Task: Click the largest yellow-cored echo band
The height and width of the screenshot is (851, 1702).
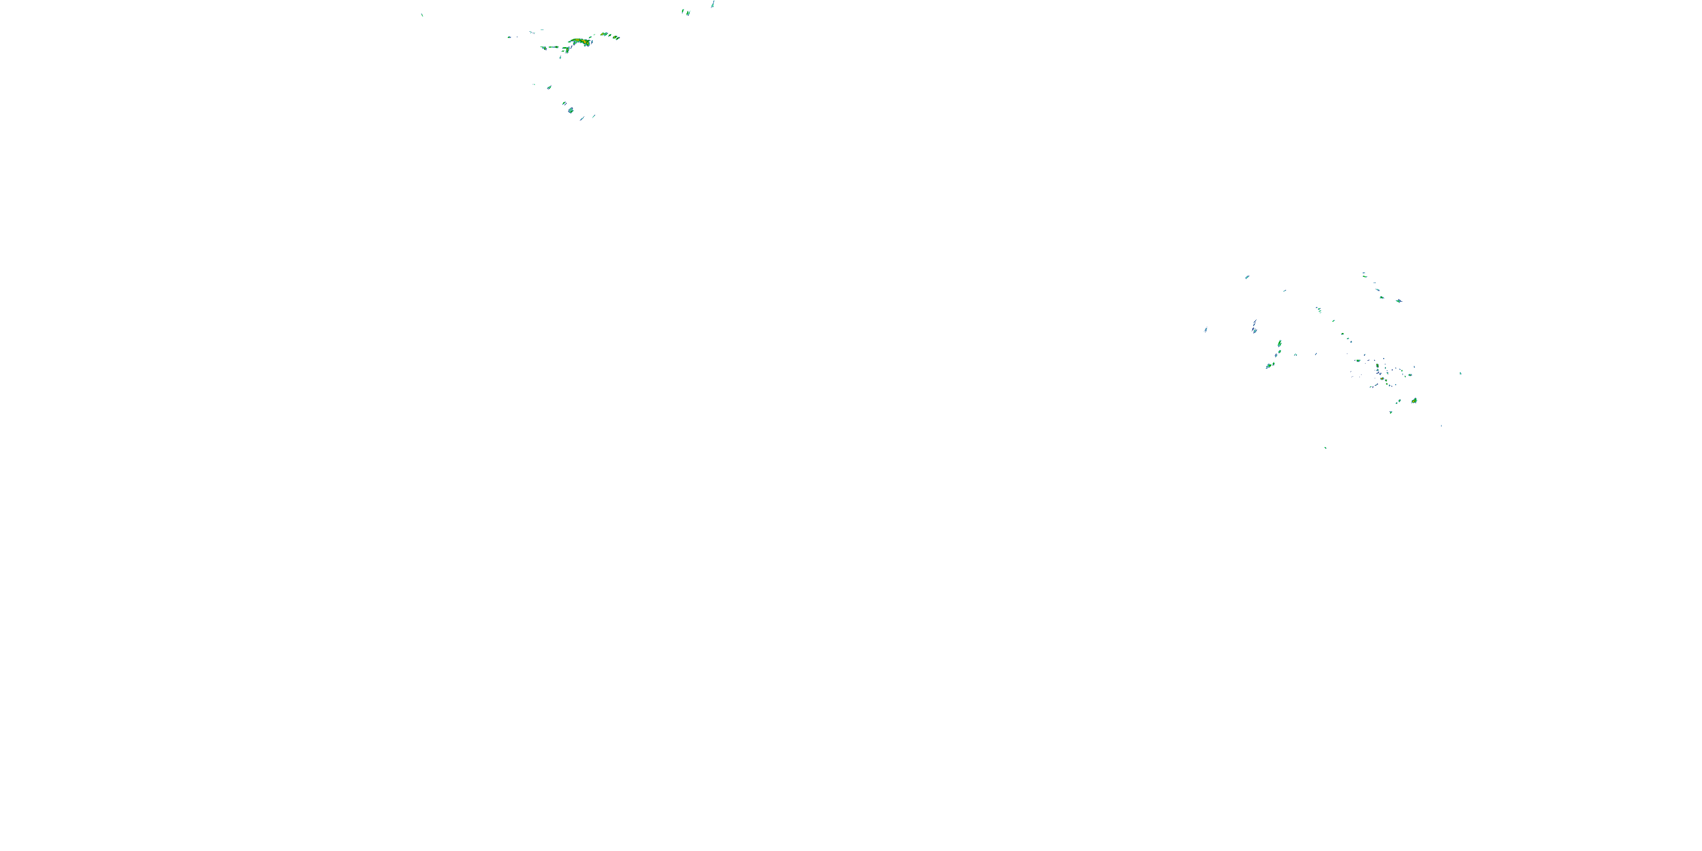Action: pyautogui.click(x=581, y=41)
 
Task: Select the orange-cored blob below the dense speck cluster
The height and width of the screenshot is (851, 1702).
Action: pyautogui.click(x=1414, y=401)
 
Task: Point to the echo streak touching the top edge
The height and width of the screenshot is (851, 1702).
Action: pyautogui.click(x=713, y=4)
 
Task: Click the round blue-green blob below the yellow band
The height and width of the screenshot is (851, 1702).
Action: pyautogui.click(x=571, y=110)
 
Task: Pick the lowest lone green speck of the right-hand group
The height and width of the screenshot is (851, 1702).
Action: pyautogui.click(x=1325, y=449)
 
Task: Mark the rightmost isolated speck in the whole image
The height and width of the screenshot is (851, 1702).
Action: pyautogui.click(x=1461, y=374)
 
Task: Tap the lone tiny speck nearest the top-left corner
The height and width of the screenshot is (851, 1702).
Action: pyautogui.click(x=422, y=15)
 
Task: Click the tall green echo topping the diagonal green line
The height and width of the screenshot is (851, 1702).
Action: pyautogui.click(x=1280, y=344)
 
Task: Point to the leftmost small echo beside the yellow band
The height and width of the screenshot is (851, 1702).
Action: pyautogui.click(x=509, y=37)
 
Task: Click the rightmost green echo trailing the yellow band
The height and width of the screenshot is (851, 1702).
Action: pyautogui.click(x=617, y=37)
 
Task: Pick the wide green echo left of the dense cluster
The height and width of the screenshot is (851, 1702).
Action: pyautogui.click(x=1358, y=361)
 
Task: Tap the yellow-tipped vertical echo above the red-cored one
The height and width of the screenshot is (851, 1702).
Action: pyautogui.click(x=1377, y=366)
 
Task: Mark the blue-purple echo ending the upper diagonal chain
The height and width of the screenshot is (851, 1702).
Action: pyautogui.click(x=1400, y=301)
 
